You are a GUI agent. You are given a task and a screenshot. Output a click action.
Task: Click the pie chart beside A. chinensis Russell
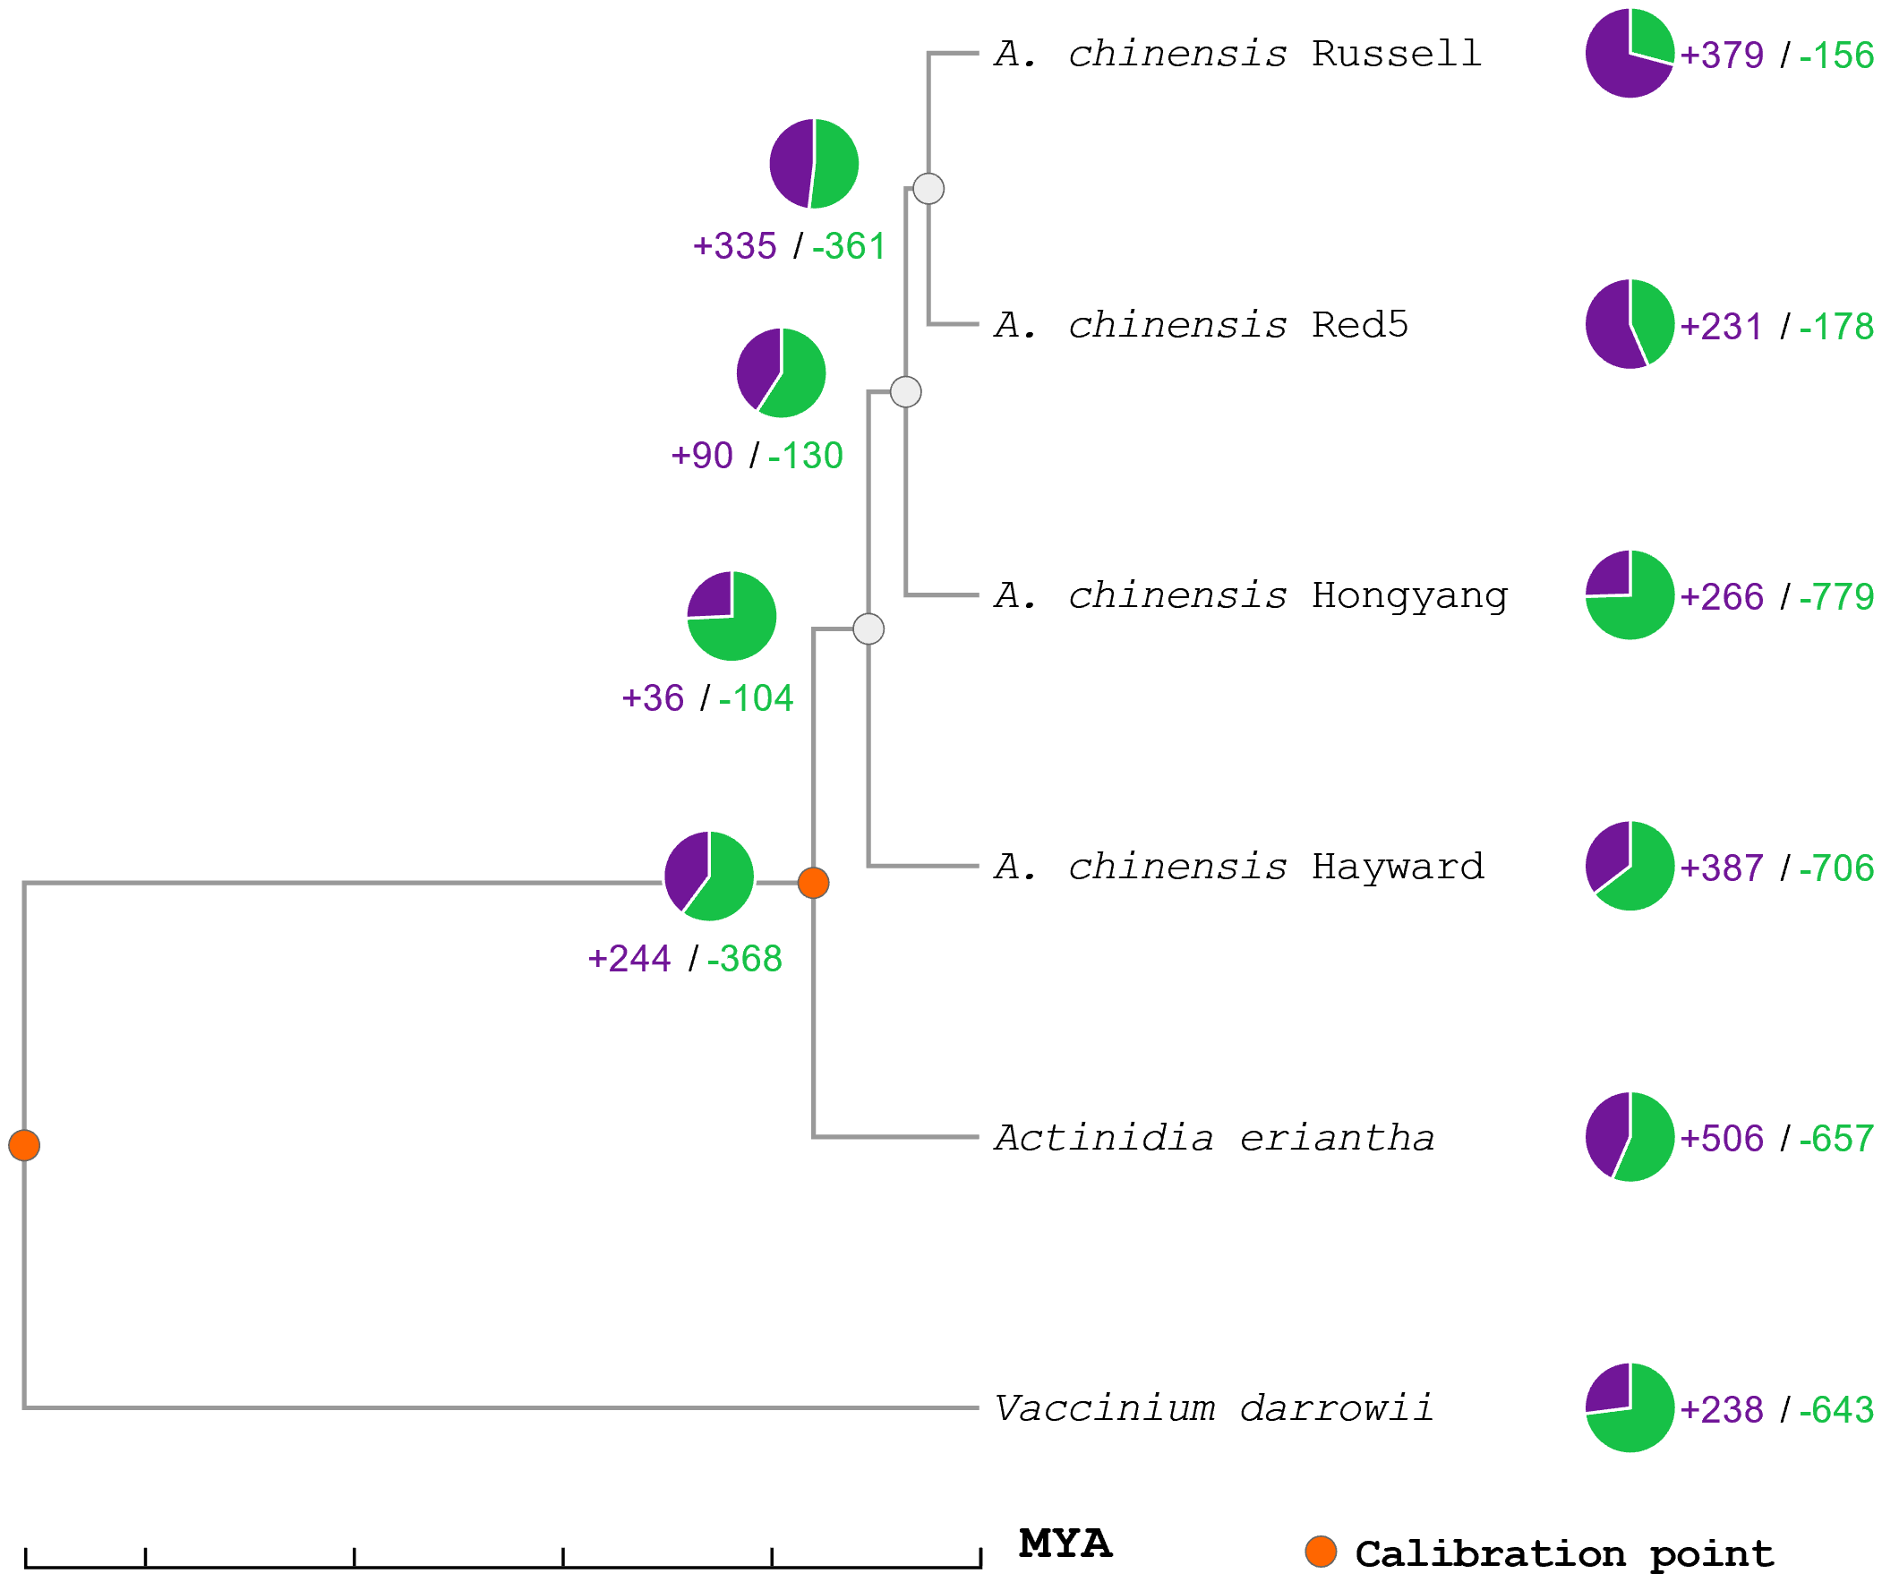[x=1630, y=53]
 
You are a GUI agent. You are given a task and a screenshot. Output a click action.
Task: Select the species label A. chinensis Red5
[x=1201, y=325]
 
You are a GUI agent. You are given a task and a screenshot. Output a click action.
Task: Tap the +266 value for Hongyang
[x=1721, y=597]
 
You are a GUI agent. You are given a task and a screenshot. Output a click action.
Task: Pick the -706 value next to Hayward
[x=1836, y=868]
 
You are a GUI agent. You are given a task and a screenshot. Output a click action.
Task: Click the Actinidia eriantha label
[x=1214, y=1138]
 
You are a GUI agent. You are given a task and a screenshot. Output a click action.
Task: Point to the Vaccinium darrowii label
[x=1213, y=1409]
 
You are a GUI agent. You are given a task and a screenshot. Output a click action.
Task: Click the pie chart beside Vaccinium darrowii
[x=1630, y=1408]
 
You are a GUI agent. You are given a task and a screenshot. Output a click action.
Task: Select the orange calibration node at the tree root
[x=24, y=1145]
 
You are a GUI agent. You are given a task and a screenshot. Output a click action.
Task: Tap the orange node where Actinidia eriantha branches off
[x=813, y=884]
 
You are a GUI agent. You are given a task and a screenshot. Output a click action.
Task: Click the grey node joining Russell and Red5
[x=928, y=188]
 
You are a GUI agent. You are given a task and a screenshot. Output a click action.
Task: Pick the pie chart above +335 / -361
[x=814, y=163]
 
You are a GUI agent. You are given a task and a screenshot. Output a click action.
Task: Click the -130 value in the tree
[x=805, y=456]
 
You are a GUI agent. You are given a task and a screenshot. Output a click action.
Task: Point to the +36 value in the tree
[x=653, y=698]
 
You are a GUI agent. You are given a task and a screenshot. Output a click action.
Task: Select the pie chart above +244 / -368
[x=709, y=877]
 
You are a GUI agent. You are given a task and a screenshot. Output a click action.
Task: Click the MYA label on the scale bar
[x=1065, y=1544]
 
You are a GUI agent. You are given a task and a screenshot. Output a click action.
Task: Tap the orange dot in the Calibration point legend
[x=1320, y=1552]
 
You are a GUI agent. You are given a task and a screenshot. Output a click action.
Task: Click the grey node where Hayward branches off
[x=868, y=629]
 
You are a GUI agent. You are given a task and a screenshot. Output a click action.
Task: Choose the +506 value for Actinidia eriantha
[x=1721, y=1139]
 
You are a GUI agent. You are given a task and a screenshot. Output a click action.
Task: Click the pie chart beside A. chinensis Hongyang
[x=1630, y=595]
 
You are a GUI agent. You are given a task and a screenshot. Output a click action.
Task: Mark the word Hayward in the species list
[x=1397, y=867]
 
